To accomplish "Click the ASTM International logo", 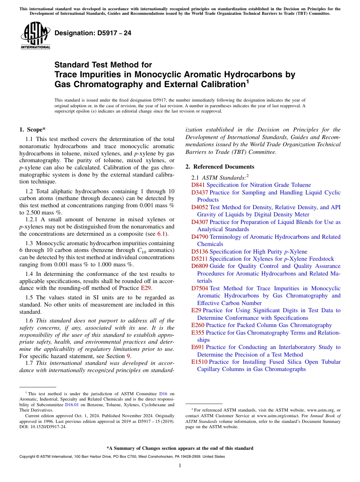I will coord(35,36).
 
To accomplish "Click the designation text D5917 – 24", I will coord(93,33).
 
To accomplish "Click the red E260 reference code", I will coord(198,325).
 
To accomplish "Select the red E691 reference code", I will coord(198,347).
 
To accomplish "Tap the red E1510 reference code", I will coord(199,362).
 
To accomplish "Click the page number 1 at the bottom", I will coord(180,466).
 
